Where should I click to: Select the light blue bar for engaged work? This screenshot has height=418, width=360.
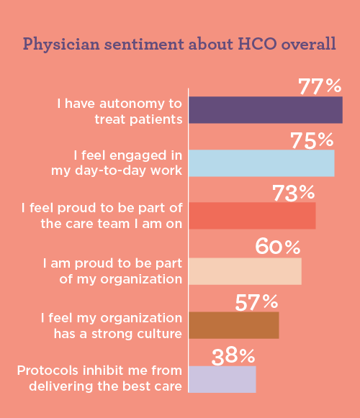tap(261, 163)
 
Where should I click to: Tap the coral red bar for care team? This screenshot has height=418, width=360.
tap(252, 216)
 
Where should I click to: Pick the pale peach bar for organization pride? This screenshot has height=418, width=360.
tap(245, 271)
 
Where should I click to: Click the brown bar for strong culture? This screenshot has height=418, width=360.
tap(233, 325)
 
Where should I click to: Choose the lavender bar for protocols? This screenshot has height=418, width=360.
tap(222, 379)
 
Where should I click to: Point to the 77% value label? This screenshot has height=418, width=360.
tap(320, 87)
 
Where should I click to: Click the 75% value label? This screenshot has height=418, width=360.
tap(312, 140)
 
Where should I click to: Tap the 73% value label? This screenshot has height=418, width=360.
tap(293, 194)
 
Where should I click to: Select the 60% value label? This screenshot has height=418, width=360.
tap(278, 247)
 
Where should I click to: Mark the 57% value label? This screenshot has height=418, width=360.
tap(257, 301)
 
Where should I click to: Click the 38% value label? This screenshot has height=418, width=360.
tap(233, 355)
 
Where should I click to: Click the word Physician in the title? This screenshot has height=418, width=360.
tap(58, 44)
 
